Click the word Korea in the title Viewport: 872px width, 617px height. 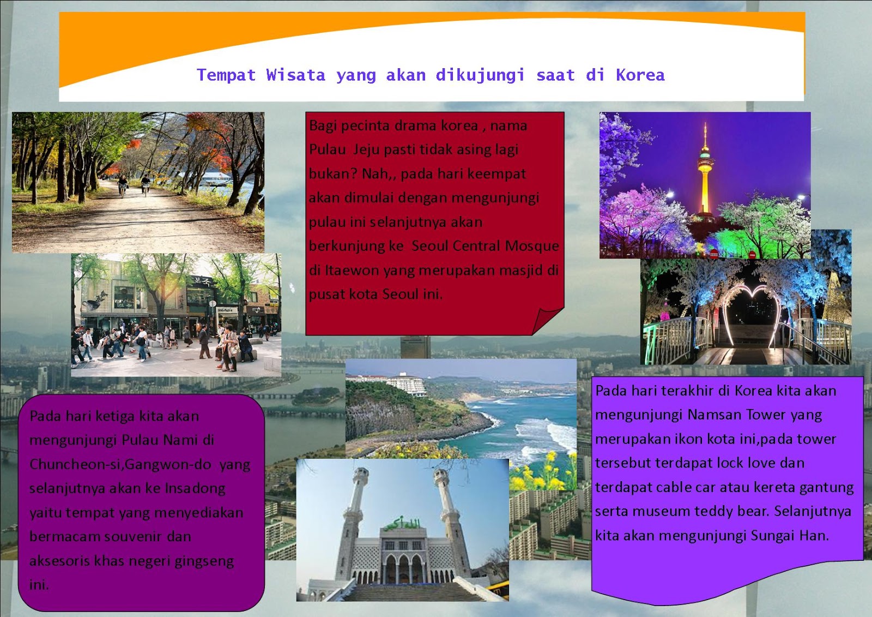coord(640,75)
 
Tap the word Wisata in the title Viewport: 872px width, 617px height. coord(296,75)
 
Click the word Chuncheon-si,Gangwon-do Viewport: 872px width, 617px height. coord(120,465)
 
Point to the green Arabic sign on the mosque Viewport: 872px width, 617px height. coord(403,524)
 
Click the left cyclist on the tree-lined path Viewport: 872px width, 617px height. coord(123,185)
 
